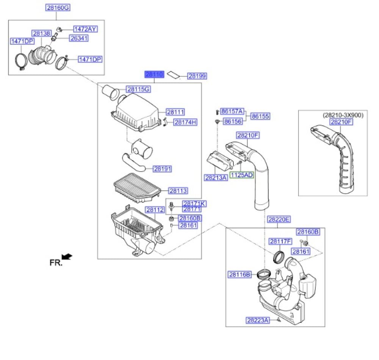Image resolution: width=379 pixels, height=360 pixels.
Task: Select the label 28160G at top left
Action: pyautogui.click(x=58, y=7)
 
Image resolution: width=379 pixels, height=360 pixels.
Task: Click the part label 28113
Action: pyautogui.click(x=178, y=191)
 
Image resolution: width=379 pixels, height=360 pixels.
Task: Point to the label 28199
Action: pyautogui.click(x=197, y=76)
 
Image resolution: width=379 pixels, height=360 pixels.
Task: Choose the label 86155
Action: pyautogui.click(x=260, y=116)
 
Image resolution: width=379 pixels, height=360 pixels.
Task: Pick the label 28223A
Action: pyautogui.click(x=258, y=320)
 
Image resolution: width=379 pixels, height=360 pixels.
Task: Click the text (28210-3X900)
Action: pyautogui.click(x=343, y=115)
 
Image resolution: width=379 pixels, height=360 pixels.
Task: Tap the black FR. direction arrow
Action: pyautogui.click(x=67, y=257)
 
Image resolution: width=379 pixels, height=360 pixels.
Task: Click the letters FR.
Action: pyautogui.click(x=55, y=262)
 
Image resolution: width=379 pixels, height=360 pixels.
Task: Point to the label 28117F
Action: pyautogui.click(x=280, y=241)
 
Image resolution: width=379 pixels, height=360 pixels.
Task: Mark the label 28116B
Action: pyautogui.click(x=240, y=274)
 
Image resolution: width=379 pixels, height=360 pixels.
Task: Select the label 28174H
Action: pyautogui.click(x=185, y=122)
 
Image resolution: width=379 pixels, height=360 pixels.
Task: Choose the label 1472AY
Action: pyautogui.click(x=85, y=29)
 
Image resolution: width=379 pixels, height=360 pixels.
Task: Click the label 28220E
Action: pyautogui.click(x=279, y=219)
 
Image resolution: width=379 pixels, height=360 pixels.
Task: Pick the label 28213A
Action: pyautogui.click(x=216, y=177)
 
